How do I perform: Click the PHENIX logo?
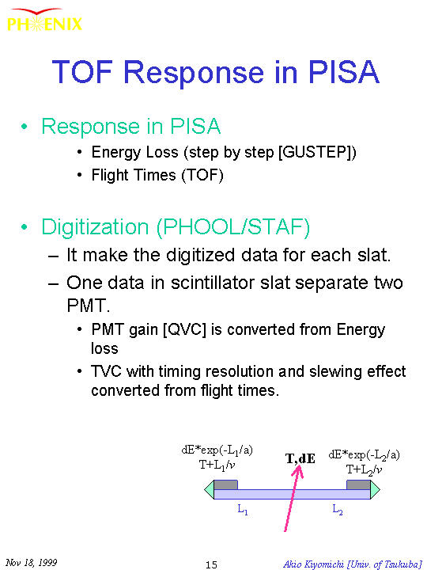click(x=44, y=21)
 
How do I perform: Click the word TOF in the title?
click(x=82, y=71)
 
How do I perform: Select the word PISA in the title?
click(x=344, y=71)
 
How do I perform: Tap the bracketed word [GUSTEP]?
click(x=317, y=152)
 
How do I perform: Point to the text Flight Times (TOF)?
click(x=157, y=175)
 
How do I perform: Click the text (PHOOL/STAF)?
click(x=233, y=227)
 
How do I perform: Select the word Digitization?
click(x=95, y=227)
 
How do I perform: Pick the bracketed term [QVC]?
click(x=184, y=329)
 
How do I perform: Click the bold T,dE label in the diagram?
click(x=300, y=458)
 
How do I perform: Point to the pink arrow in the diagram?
click(x=293, y=498)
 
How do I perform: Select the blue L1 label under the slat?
click(x=243, y=510)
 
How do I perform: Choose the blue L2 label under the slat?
click(x=338, y=510)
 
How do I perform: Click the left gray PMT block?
click(x=225, y=485)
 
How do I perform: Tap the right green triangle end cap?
click(x=375, y=490)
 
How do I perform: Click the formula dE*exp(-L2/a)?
click(x=364, y=454)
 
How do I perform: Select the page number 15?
click(x=211, y=564)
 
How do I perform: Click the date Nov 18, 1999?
click(x=31, y=563)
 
